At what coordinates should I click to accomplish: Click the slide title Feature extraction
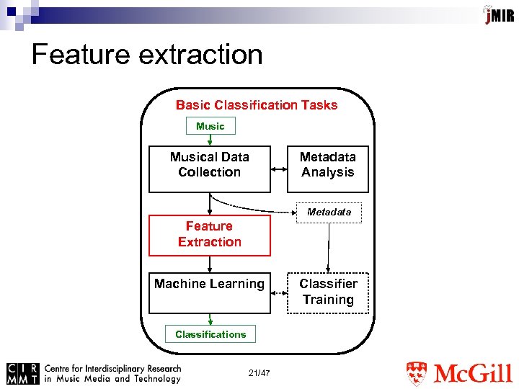coord(147,55)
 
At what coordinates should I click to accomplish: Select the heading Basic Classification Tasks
coord(257,105)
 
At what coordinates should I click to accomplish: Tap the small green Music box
coord(210,126)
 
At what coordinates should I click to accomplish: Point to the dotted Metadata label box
coord(329,212)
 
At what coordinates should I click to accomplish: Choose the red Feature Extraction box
coord(210,235)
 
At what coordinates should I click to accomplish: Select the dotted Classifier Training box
coord(328,292)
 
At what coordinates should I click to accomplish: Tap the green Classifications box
coord(210,334)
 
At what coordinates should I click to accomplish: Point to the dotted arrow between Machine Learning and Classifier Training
coord(279,292)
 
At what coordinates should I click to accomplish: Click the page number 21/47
coord(259,373)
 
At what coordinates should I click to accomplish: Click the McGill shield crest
coord(417,374)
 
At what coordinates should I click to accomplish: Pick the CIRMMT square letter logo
coord(22,372)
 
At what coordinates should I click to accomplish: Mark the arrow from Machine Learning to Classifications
coord(210,320)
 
